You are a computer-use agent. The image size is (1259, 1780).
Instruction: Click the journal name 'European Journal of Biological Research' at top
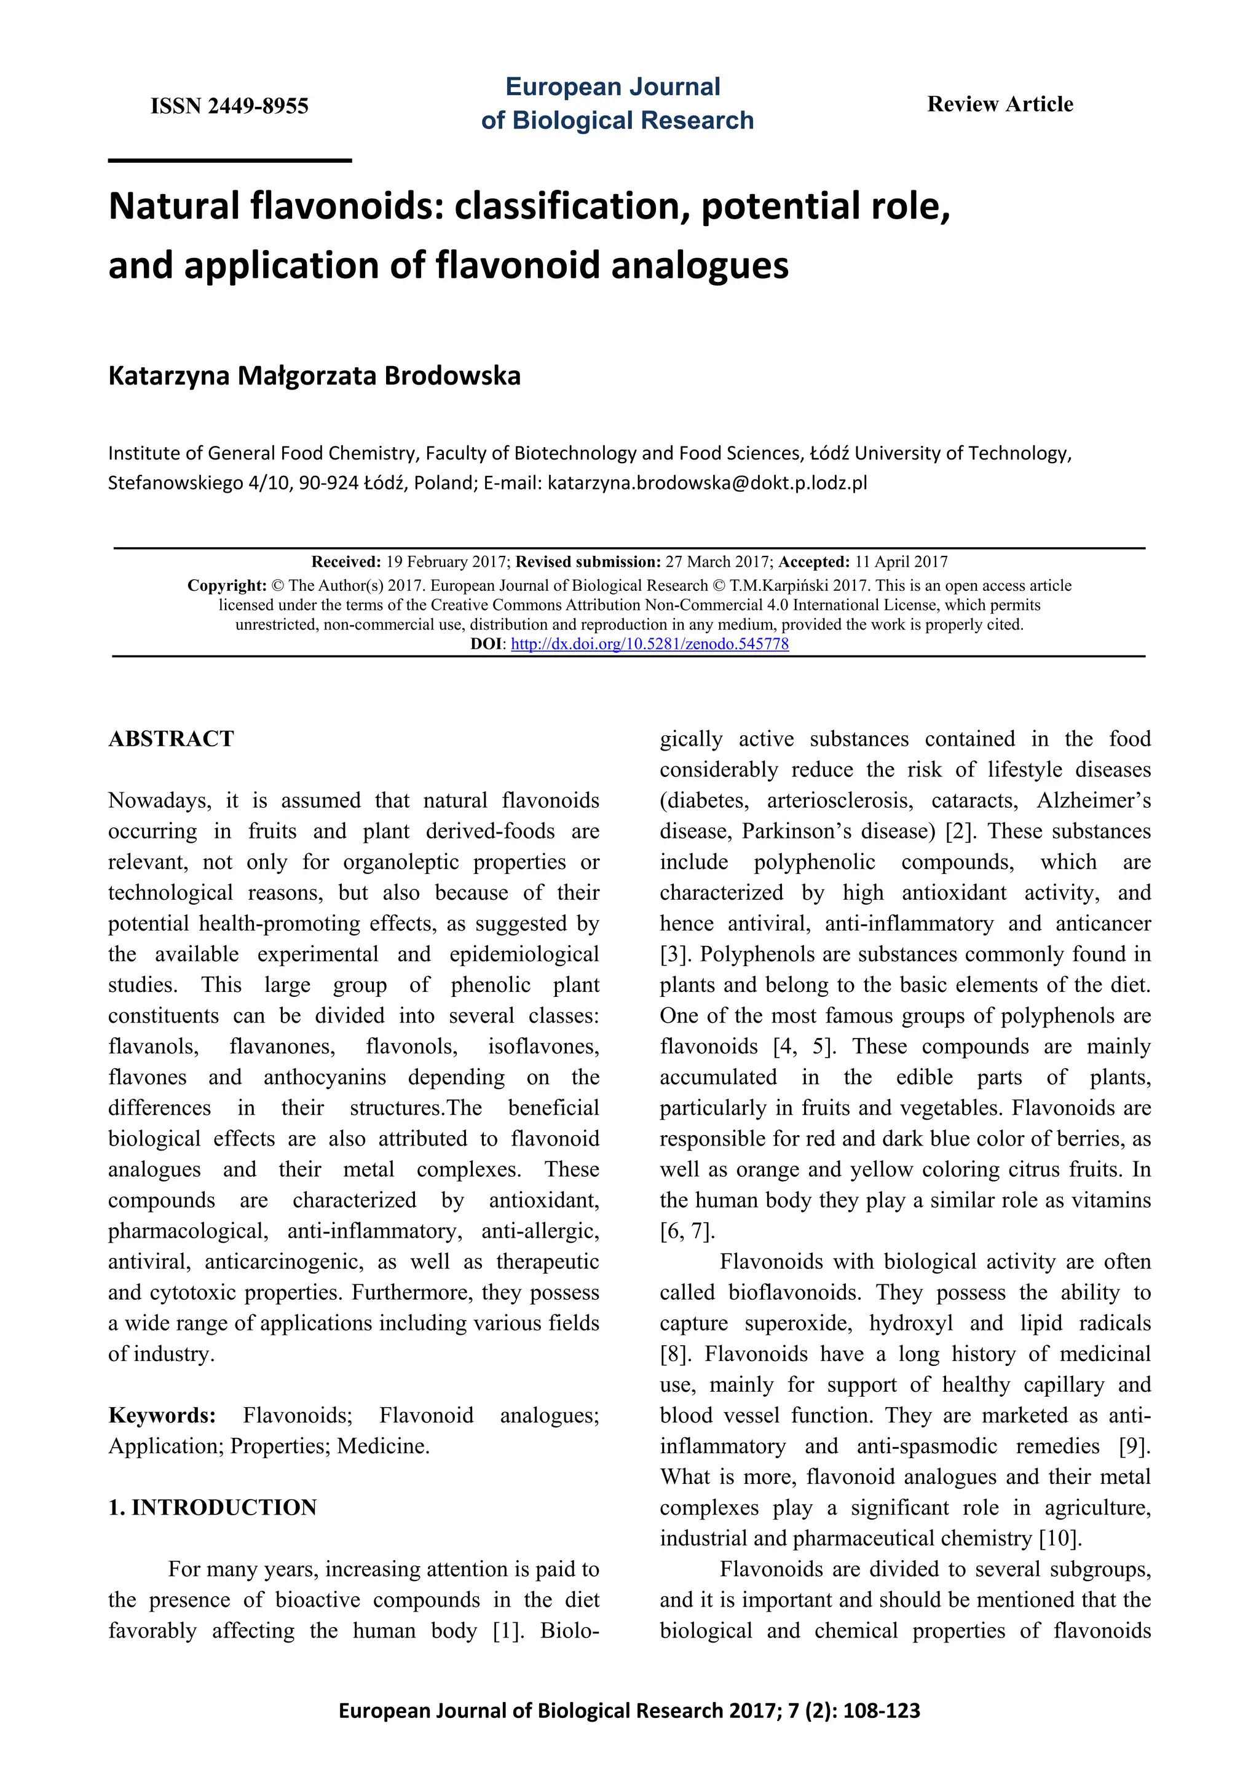point(617,103)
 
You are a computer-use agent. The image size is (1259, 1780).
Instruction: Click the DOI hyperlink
point(649,644)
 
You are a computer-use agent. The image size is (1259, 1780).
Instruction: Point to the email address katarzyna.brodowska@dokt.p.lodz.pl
point(707,483)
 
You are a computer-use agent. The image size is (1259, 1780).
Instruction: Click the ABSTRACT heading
point(171,739)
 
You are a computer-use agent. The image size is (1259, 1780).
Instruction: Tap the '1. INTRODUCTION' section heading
point(213,1507)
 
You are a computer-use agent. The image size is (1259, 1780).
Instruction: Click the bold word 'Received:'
point(346,562)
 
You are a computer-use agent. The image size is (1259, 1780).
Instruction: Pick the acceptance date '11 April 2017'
point(901,562)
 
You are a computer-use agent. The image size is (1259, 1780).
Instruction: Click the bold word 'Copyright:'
point(226,585)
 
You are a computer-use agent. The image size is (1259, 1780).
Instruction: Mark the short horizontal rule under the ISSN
point(230,160)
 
